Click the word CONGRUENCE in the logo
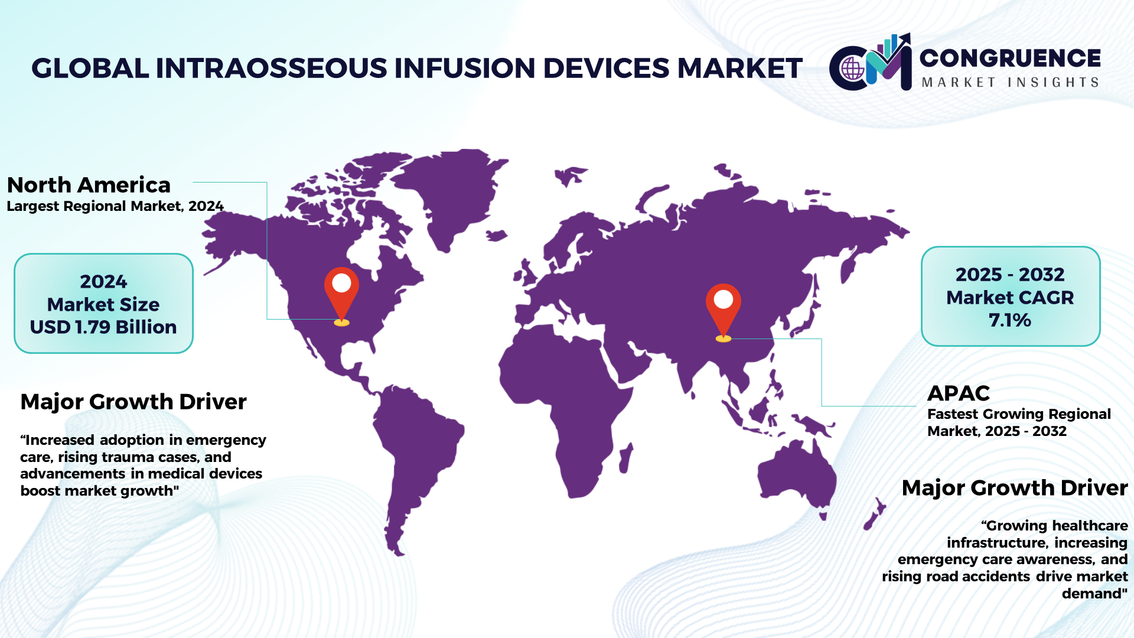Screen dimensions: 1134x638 [x=1010, y=58]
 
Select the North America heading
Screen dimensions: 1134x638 [x=89, y=185]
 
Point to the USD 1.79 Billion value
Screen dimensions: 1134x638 [x=103, y=327]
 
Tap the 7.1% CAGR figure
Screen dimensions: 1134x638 [x=1010, y=320]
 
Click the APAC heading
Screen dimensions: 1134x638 [x=959, y=393]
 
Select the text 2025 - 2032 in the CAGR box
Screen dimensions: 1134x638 [x=1010, y=274]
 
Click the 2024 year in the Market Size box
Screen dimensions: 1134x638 [x=103, y=281]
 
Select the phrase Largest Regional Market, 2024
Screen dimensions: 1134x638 [x=115, y=206]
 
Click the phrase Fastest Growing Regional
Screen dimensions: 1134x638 [x=1019, y=414]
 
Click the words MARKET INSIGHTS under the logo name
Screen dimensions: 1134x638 [x=1010, y=82]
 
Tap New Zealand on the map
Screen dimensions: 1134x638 [x=874, y=513]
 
